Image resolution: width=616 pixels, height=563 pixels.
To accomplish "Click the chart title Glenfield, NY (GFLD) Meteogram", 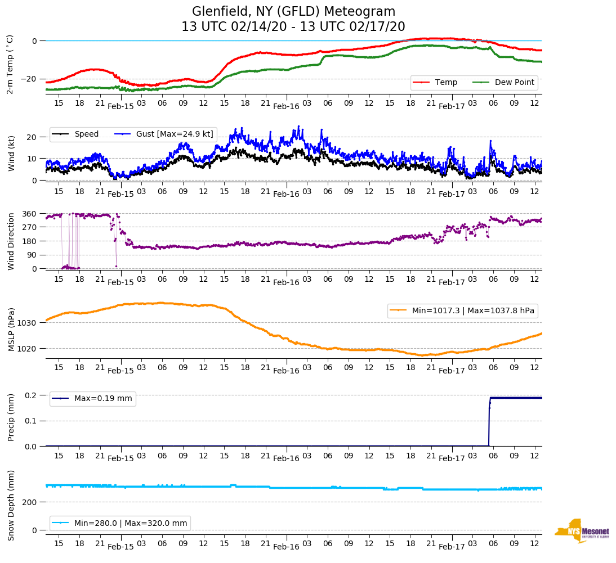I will click(x=293, y=11).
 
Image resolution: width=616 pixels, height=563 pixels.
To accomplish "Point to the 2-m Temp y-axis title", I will click(x=10, y=64).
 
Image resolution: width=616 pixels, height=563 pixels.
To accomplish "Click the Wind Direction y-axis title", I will click(x=11, y=241).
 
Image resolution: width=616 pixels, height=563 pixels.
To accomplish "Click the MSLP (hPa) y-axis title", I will click(x=11, y=326).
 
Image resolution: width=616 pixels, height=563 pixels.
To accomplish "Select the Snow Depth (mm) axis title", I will click(x=11, y=505).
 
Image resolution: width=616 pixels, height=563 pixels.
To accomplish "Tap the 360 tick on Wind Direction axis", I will click(x=30, y=214).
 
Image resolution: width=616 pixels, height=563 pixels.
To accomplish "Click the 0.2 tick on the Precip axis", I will click(x=31, y=395).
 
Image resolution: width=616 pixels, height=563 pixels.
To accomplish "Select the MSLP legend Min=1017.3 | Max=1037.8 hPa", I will click(x=462, y=310).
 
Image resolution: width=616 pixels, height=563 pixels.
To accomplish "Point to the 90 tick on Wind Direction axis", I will click(x=32, y=255).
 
